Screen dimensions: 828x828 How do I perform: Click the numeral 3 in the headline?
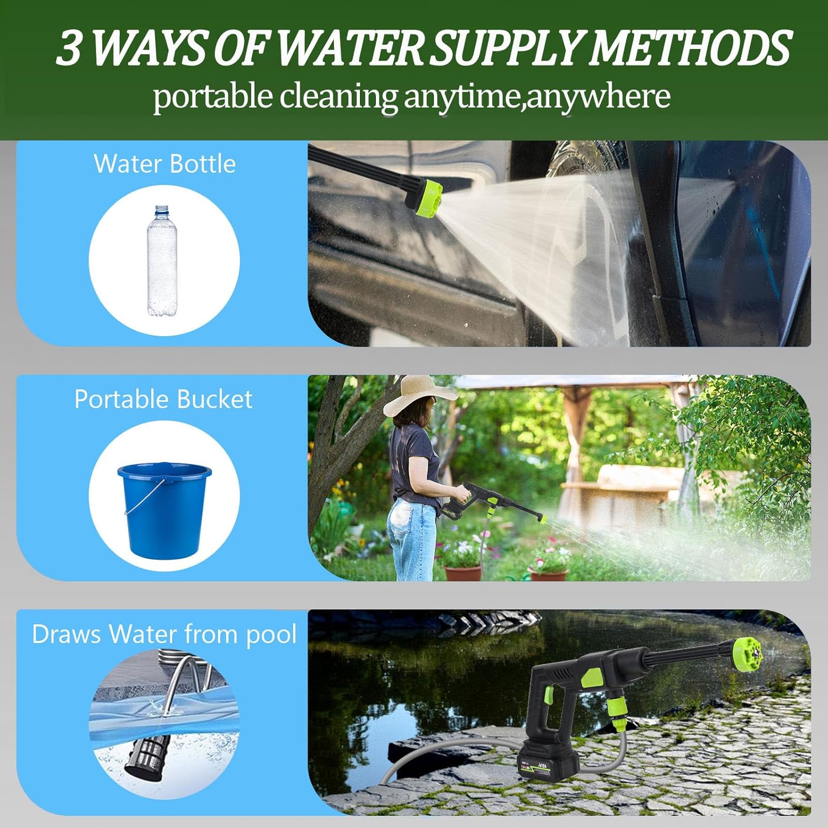pyautogui.click(x=70, y=49)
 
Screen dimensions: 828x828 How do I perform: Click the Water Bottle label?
pyautogui.click(x=164, y=164)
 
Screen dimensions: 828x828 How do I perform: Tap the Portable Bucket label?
pyautogui.click(x=163, y=399)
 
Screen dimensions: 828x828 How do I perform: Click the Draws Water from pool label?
pyautogui.click(x=164, y=634)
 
